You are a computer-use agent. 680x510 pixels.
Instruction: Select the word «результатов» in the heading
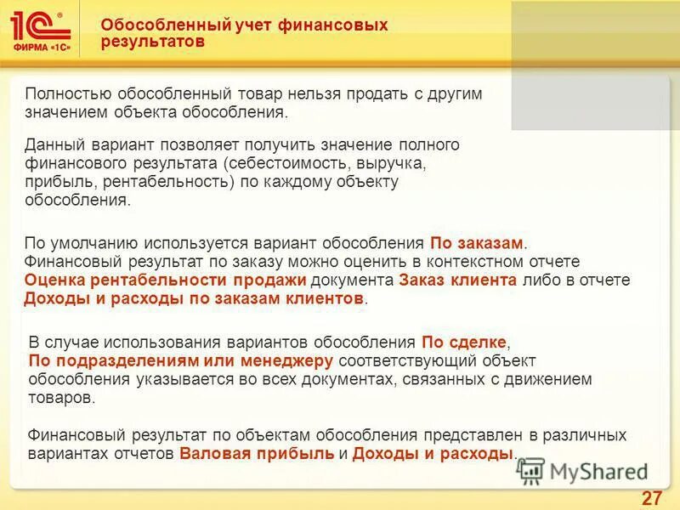pos(152,42)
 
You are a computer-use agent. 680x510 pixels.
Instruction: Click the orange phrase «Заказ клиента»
pos(456,281)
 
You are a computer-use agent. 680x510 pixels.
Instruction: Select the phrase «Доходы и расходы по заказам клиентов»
pos(194,300)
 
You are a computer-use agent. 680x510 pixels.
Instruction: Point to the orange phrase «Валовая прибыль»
pos(257,454)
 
